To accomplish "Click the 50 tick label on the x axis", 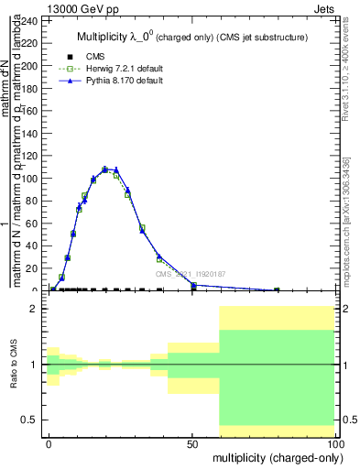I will click(192, 442).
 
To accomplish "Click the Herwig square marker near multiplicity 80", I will click(277, 289).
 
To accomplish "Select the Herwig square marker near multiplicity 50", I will click(193, 285).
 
